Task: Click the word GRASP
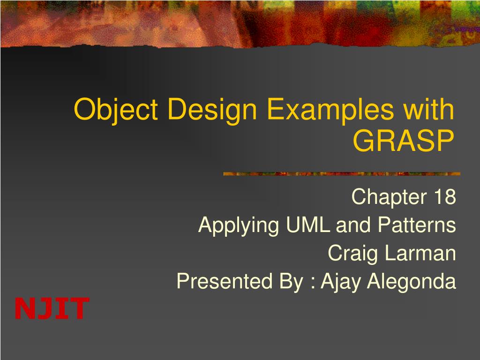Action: [x=404, y=140]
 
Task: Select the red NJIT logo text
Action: [x=52, y=308]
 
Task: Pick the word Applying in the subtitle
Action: [x=238, y=225]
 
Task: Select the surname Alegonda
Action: [x=412, y=282]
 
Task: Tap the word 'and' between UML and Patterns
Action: [x=347, y=225]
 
